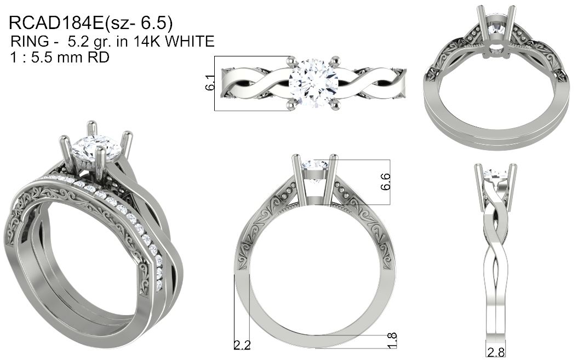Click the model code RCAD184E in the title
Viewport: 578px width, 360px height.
click(x=56, y=23)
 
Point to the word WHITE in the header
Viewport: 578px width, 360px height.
click(x=190, y=41)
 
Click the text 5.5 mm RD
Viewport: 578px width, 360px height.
click(x=71, y=57)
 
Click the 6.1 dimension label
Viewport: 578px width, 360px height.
click(x=210, y=83)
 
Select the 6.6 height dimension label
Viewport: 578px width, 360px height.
click(x=385, y=181)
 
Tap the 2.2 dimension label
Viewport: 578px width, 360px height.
click(x=243, y=345)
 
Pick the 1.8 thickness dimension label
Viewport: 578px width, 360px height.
click(x=392, y=340)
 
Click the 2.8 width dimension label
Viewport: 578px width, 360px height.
click(x=496, y=352)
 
